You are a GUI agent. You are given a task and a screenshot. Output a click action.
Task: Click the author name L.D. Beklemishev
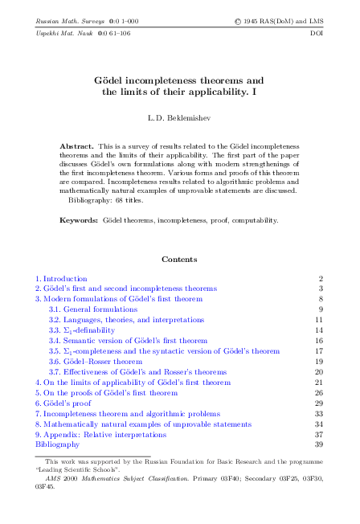click(x=179, y=118)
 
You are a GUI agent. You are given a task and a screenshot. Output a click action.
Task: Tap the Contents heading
click(x=179, y=260)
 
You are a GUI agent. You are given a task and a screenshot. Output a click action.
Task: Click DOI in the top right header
click(x=316, y=34)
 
